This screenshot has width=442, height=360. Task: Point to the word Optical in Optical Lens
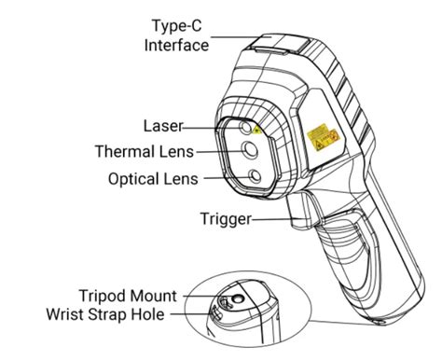(x=136, y=176)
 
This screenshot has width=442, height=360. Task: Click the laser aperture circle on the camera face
(x=245, y=127)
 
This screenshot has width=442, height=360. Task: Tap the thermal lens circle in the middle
(x=251, y=147)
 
